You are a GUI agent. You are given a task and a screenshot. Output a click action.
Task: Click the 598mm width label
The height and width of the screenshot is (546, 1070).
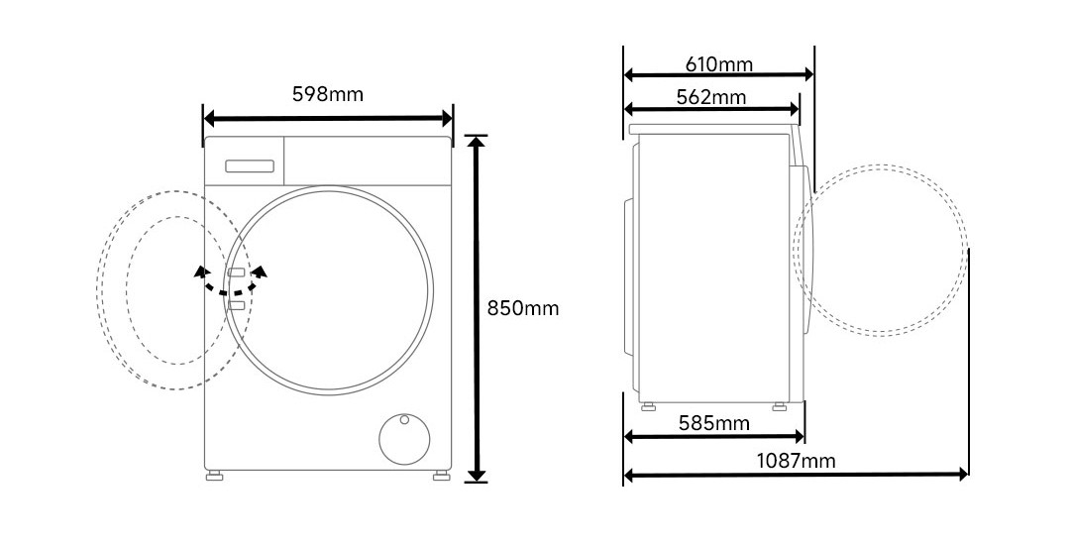click(327, 95)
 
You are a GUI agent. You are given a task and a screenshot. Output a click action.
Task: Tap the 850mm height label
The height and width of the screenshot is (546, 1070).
click(523, 308)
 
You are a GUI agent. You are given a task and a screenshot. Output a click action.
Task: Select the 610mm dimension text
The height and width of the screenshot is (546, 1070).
click(719, 65)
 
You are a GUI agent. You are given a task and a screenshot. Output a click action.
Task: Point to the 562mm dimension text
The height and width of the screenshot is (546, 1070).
click(711, 97)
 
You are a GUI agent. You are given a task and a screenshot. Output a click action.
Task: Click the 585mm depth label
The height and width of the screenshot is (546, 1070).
click(713, 424)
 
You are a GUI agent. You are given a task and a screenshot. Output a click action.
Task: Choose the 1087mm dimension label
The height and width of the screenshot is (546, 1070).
click(796, 461)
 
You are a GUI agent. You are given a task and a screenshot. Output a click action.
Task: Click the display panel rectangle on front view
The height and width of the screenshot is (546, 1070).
click(250, 164)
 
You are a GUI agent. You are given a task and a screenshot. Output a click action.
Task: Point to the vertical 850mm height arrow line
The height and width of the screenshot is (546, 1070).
click(478, 308)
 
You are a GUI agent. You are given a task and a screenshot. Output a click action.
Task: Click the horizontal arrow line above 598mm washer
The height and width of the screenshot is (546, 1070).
click(328, 119)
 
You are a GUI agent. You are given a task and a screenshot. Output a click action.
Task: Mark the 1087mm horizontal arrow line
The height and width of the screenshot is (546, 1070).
click(796, 476)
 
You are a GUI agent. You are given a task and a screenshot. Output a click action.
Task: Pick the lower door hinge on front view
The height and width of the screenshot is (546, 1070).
click(236, 306)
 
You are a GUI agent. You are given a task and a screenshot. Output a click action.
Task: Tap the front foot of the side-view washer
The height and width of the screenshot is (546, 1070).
click(779, 404)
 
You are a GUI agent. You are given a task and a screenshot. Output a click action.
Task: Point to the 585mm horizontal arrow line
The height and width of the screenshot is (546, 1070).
click(714, 437)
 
